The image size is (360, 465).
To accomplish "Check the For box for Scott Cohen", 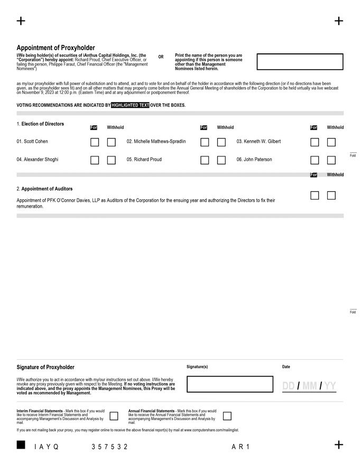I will [x=95, y=142].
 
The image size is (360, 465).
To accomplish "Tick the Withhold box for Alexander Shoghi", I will [x=112, y=160].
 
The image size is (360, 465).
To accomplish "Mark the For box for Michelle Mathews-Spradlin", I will [x=205, y=142].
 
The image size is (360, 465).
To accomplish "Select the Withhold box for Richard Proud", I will [x=221, y=160].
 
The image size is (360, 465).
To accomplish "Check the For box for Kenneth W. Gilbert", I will [x=315, y=142].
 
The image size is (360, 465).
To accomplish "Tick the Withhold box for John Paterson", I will [x=331, y=160].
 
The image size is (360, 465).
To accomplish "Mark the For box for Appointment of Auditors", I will [x=315, y=196].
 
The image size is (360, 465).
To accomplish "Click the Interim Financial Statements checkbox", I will [x=114, y=416].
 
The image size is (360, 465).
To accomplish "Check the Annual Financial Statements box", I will [x=227, y=416].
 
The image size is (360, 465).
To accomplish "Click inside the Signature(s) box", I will [x=230, y=384].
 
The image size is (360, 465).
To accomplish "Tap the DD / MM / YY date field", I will [x=309, y=386].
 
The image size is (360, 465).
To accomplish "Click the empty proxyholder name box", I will [x=300, y=62].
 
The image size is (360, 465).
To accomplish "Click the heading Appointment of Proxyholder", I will [x=56, y=48].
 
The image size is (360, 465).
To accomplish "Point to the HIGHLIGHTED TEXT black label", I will [x=130, y=105].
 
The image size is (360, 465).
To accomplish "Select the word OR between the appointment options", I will [x=161, y=57].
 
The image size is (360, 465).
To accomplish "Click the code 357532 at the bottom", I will [x=109, y=447].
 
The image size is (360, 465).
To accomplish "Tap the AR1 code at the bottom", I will [x=241, y=447].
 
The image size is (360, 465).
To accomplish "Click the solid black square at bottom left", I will [x=21, y=445].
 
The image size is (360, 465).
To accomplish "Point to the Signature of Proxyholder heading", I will [x=45, y=367].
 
